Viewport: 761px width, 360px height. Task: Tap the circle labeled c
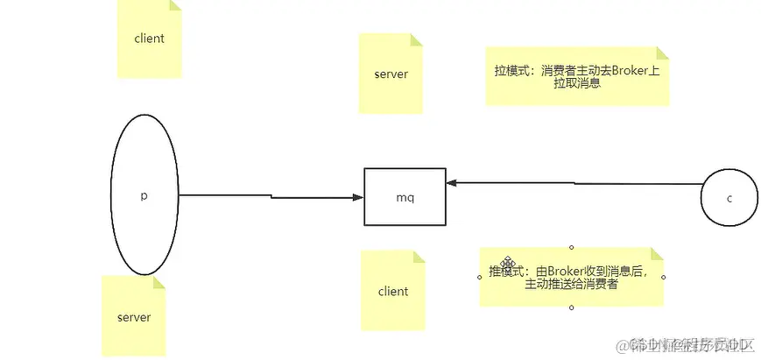coord(728,198)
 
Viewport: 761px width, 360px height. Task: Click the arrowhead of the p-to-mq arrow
coord(358,197)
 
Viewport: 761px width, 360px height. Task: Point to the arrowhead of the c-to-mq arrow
coord(451,184)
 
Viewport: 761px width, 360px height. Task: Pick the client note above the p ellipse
coord(150,39)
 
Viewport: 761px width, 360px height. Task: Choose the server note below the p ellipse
coord(134,316)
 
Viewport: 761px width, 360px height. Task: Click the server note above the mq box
coord(391,74)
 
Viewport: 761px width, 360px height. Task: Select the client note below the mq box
coord(393,291)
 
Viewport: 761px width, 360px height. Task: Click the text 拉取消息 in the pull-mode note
coord(576,84)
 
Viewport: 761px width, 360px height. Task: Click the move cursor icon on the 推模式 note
coord(507,262)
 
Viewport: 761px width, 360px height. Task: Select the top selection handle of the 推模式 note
coord(572,247)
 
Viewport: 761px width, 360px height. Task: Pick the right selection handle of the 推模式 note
coord(666,277)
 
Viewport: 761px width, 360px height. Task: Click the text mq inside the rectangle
coord(405,197)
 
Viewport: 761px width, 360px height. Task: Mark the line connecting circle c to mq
coord(578,184)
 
